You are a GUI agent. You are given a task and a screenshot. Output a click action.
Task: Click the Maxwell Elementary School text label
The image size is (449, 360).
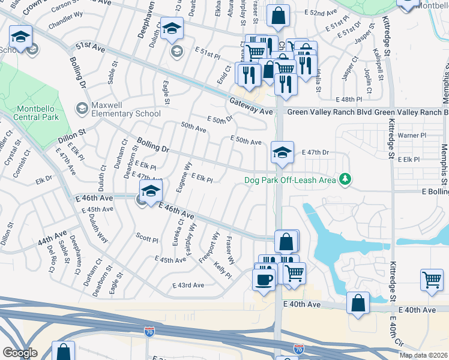coord(125,113)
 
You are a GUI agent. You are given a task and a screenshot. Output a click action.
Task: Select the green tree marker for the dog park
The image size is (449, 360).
coord(345,179)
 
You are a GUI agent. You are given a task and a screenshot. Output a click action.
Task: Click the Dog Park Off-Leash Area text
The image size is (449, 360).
coord(289,180)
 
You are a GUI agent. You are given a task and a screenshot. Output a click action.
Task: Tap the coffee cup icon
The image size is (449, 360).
coord(262,279)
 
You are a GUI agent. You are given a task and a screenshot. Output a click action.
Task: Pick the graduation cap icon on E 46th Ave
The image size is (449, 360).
coord(151,193)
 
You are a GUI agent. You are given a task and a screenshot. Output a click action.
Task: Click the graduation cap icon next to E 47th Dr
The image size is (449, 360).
coord(282,152)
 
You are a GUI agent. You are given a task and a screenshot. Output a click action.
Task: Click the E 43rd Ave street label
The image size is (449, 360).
coord(188,285)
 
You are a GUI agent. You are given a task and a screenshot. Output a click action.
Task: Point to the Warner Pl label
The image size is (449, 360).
coord(411,136)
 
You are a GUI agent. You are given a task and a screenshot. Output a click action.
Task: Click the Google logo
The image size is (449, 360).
coord(20,353)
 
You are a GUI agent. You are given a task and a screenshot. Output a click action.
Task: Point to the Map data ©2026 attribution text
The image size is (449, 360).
coord(423,355)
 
